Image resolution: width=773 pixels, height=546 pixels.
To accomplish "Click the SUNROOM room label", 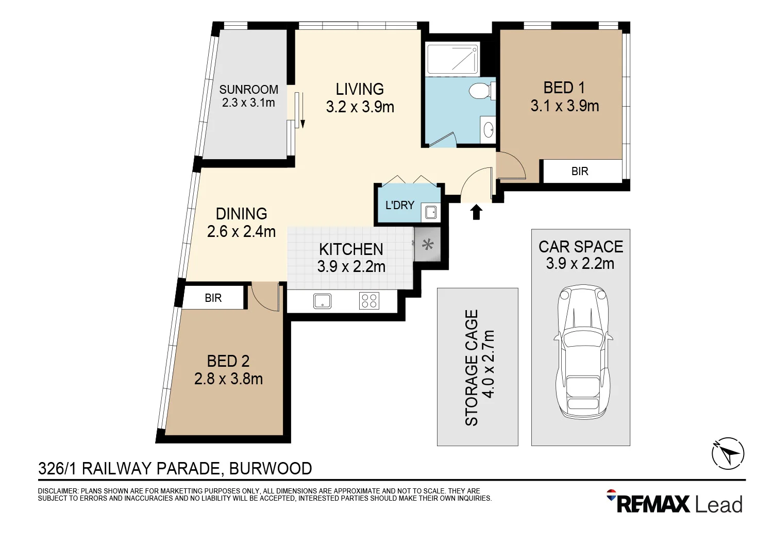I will point(248,90).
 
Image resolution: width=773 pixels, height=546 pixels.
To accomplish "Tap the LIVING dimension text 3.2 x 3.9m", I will point(360,107).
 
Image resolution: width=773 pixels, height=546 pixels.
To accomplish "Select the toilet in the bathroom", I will point(480,91).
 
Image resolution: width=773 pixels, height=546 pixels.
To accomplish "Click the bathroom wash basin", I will point(488,130).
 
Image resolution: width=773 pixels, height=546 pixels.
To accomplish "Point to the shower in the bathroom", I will point(452,59).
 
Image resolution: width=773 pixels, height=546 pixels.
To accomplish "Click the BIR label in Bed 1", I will point(580,172).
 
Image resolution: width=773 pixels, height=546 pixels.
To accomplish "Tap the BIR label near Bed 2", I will point(213,298).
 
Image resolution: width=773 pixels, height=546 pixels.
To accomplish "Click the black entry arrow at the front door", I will point(476,212).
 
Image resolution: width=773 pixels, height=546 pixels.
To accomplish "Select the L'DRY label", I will point(400,205).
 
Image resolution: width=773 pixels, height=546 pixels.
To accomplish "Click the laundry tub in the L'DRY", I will point(430,212).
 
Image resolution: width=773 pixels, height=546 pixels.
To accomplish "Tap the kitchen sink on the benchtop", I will point(323,301).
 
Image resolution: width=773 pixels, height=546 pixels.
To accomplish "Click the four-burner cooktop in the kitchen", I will point(369,301).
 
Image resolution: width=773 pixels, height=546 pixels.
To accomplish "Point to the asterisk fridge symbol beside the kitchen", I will point(427,245).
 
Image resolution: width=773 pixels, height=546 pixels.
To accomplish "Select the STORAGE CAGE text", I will point(472,368).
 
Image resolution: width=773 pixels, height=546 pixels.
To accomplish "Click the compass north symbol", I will point(728,454).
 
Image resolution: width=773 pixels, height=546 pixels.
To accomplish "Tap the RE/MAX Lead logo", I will point(675,503).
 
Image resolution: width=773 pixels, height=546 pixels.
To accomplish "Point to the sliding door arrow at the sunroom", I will point(303,111).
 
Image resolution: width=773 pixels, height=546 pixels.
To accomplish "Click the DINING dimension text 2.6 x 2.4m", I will point(241,232).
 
